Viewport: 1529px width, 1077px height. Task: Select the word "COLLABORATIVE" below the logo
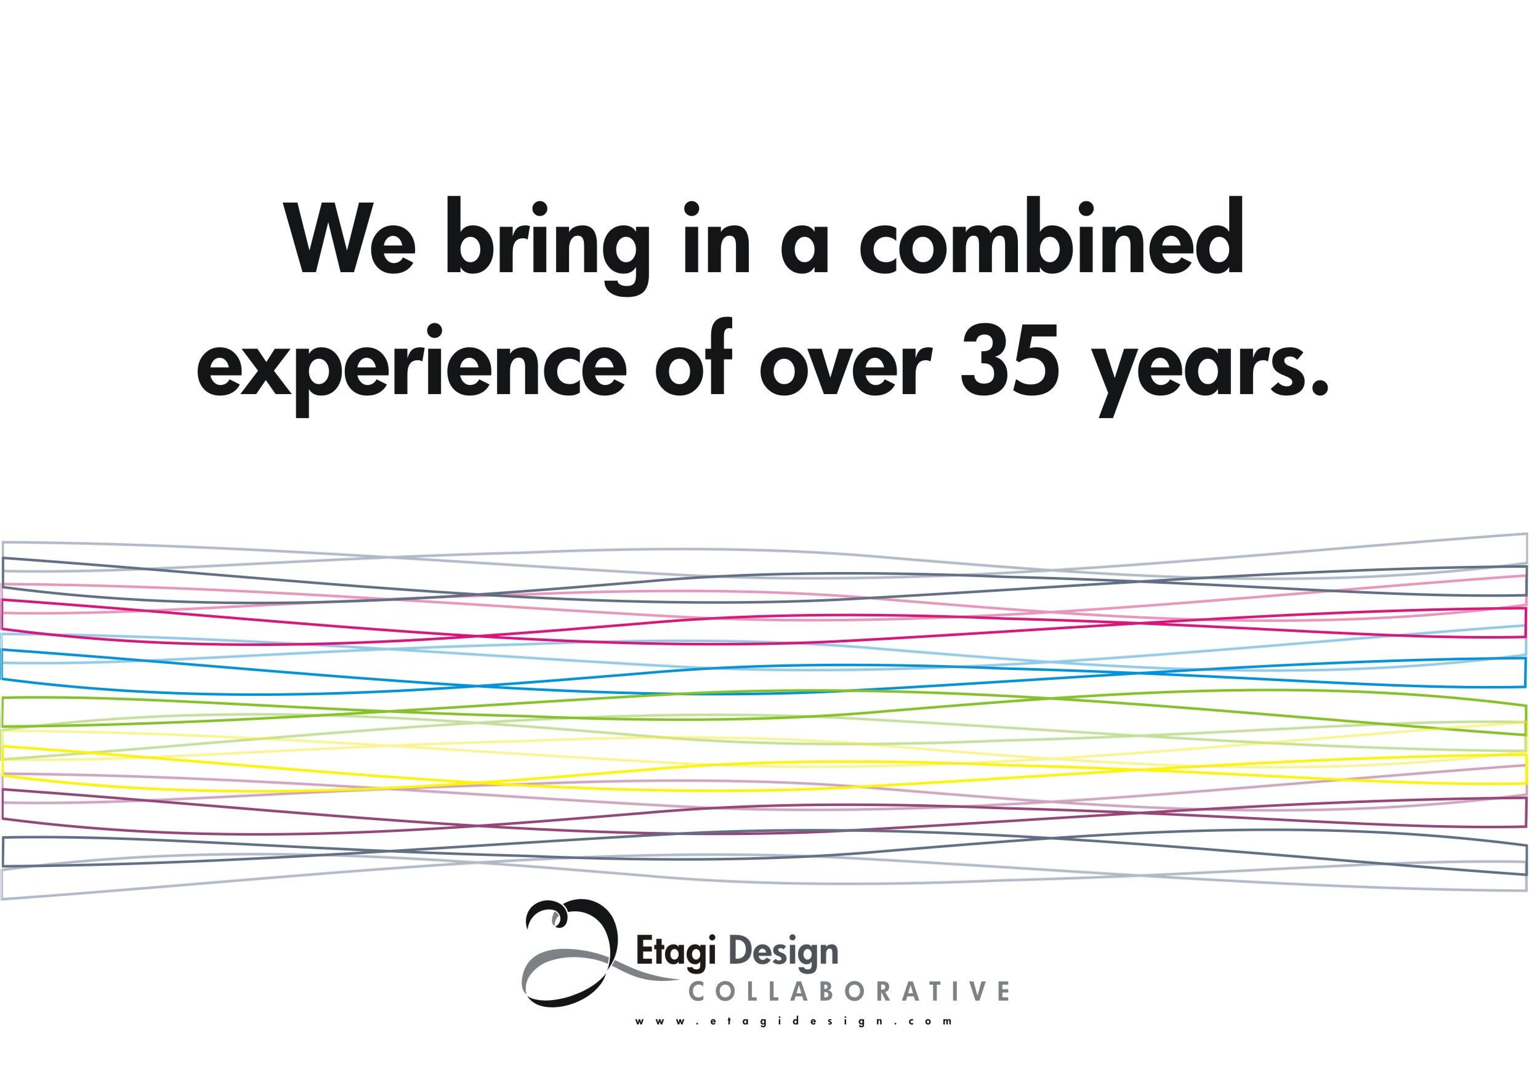click(x=848, y=991)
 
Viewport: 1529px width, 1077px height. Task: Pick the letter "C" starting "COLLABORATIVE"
click(x=696, y=991)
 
